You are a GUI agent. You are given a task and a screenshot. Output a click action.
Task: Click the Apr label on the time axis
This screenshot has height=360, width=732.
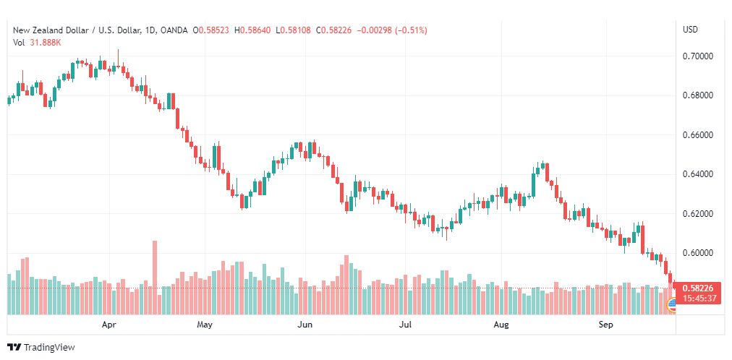pos(108,325)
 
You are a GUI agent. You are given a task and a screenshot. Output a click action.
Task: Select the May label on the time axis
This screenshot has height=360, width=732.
pos(205,325)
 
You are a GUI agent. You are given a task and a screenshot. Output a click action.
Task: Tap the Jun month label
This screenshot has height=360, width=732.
pos(305,325)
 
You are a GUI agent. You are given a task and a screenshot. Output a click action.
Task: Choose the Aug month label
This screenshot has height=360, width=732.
pos(501,325)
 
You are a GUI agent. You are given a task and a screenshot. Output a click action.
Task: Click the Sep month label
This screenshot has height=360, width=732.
pos(606,325)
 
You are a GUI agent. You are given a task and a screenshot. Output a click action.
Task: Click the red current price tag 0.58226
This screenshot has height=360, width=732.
pos(697,288)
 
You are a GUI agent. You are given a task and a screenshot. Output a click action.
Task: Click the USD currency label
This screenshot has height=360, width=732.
pos(691,30)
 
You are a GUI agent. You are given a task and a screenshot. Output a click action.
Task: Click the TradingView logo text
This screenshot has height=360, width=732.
pos(49,348)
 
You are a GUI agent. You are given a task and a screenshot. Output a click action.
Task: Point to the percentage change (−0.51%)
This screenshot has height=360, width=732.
pos(412,30)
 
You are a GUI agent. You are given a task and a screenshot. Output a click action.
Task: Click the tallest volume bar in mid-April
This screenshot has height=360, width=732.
pos(155,278)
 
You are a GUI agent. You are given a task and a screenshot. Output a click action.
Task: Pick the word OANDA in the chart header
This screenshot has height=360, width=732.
pos(174,30)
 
